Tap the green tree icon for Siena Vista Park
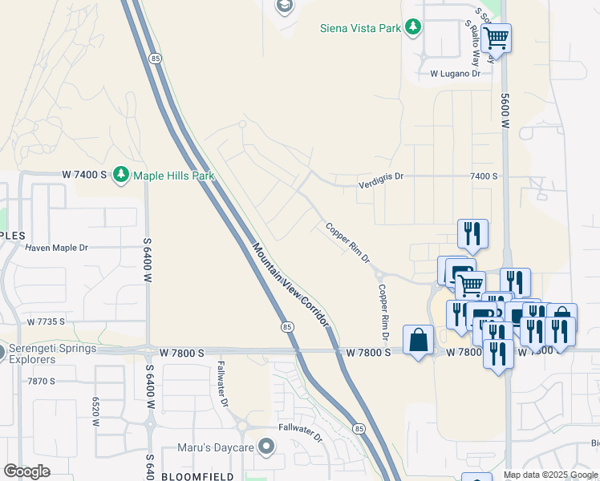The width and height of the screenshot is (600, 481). point(413,28)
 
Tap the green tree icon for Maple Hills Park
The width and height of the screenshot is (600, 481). point(121,174)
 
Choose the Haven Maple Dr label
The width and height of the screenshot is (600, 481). point(56,248)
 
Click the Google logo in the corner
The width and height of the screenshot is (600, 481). point(26,471)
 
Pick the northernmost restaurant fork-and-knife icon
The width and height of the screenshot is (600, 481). point(472,232)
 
